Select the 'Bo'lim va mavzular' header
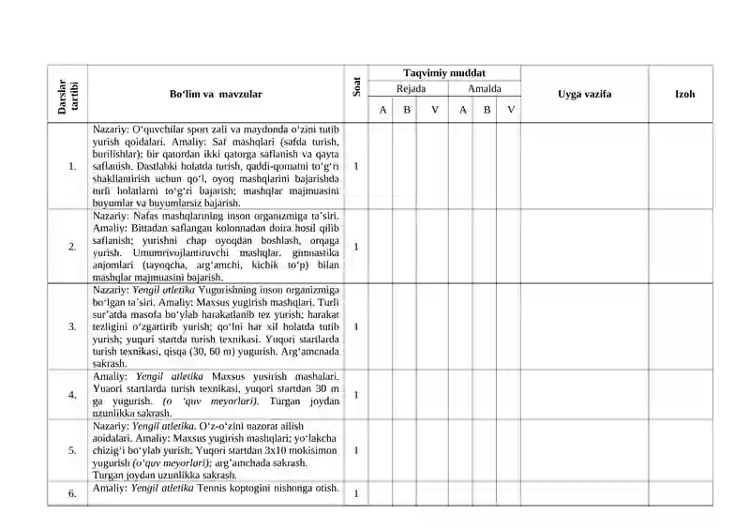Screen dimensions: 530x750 [x=216, y=95]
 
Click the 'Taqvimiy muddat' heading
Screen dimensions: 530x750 [x=444, y=73]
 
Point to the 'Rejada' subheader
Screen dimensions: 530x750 [x=411, y=89]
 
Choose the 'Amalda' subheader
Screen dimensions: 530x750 [x=485, y=89]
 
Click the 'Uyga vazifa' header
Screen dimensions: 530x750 [x=584, y=95]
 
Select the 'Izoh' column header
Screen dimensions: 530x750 [x=684, y=95]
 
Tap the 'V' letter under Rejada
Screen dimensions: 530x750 [x=434, y=110]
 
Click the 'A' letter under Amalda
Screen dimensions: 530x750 [x=463, y=110]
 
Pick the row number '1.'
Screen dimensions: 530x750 [x=72, y=166]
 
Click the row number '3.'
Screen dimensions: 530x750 [x=72, y=326]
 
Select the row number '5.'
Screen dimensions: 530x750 [x=72, y=450]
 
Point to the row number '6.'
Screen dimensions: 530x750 [x=72, y=492]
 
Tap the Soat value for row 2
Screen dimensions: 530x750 [x=356, y=247]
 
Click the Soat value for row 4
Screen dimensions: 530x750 [x=356, y=395]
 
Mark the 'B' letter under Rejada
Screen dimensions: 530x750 [x=406, y=110]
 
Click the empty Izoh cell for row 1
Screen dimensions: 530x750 [x=684, y=166]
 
